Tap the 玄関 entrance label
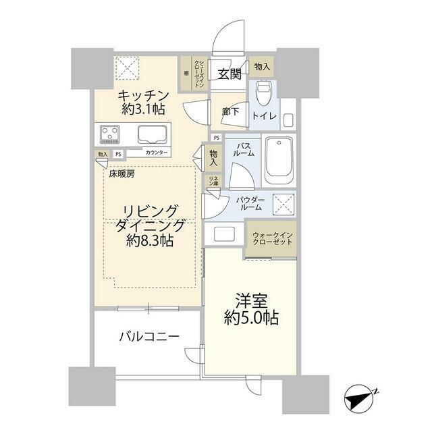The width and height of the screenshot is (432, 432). pyautogui.click(x=229, y=74)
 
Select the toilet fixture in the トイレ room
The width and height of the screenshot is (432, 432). pyautogui.click(x=264, y=92)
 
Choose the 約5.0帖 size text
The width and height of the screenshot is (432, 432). pyautogui.click(x=252, y=318)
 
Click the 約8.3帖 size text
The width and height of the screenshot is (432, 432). pyautogui.click(x=150, y=240)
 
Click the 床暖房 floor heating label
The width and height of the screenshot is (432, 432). pyautogui.click(x=122, y=173)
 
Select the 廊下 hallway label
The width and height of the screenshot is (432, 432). pyautogui.click(x=230, y=112)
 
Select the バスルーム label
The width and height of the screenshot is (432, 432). pyautogui.click(x=244, y=148)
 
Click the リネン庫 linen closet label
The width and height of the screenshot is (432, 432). pyautogui.click(x=213, y=182)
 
